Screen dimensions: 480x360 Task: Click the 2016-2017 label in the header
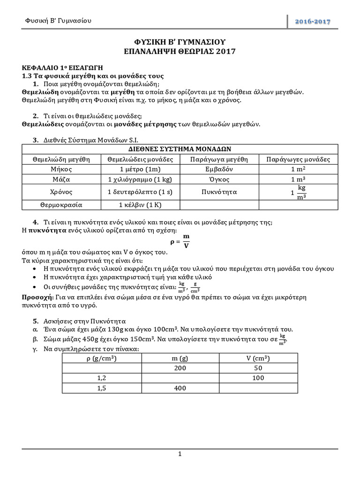pos(313,22)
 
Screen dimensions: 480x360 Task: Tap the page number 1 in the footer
pos(180,454)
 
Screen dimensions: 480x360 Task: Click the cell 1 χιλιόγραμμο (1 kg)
pos(140,180)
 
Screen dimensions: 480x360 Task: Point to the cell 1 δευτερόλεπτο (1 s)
pos(140,192)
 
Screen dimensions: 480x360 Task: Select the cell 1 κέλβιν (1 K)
pos(140,205)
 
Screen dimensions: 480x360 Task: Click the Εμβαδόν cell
pos(219,169)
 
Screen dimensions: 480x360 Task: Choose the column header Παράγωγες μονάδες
pos(298,159)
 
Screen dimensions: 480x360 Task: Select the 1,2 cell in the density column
pos(102,378)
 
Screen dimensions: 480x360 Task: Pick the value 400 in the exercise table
pos(180,388)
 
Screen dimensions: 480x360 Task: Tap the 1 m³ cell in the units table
pos(298,180)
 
